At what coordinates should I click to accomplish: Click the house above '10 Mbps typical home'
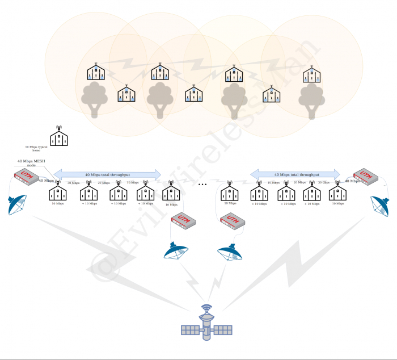(58, 136)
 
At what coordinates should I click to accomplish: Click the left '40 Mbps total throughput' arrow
(107, 174)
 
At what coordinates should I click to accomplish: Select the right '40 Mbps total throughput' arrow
(295, 174)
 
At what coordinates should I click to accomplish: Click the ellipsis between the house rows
(203, 185)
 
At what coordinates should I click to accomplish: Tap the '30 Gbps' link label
(323, 183)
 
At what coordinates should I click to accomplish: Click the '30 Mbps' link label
(73, 183)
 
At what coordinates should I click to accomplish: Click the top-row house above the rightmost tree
(310, 74)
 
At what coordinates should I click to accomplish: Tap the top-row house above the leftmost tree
(96, 72)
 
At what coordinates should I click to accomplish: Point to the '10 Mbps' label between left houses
(132, 183)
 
